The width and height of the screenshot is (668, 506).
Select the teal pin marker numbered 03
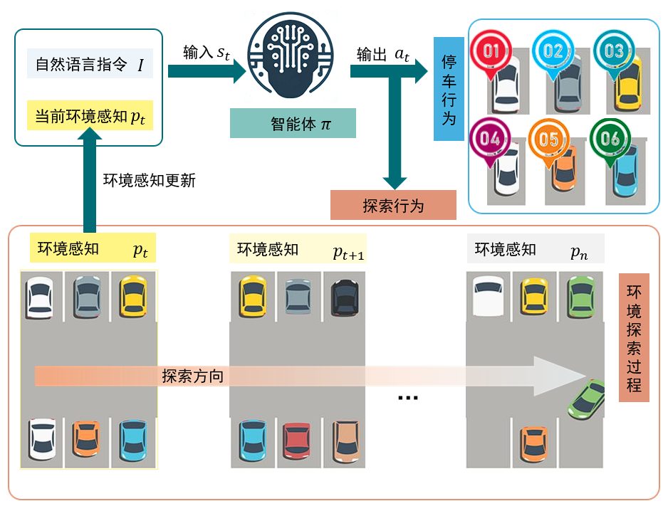coord(613,51)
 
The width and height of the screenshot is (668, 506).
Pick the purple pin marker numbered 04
coord(489,139)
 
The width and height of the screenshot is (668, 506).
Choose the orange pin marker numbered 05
coord(549,139)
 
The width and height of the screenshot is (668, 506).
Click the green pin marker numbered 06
coord(610,139)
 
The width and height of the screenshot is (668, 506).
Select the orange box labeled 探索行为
coord(393,206)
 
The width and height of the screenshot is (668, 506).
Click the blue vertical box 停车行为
coord(448,89)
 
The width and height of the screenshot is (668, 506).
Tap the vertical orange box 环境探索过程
coord(634,338)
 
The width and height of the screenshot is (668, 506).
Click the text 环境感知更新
coord(149,181)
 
